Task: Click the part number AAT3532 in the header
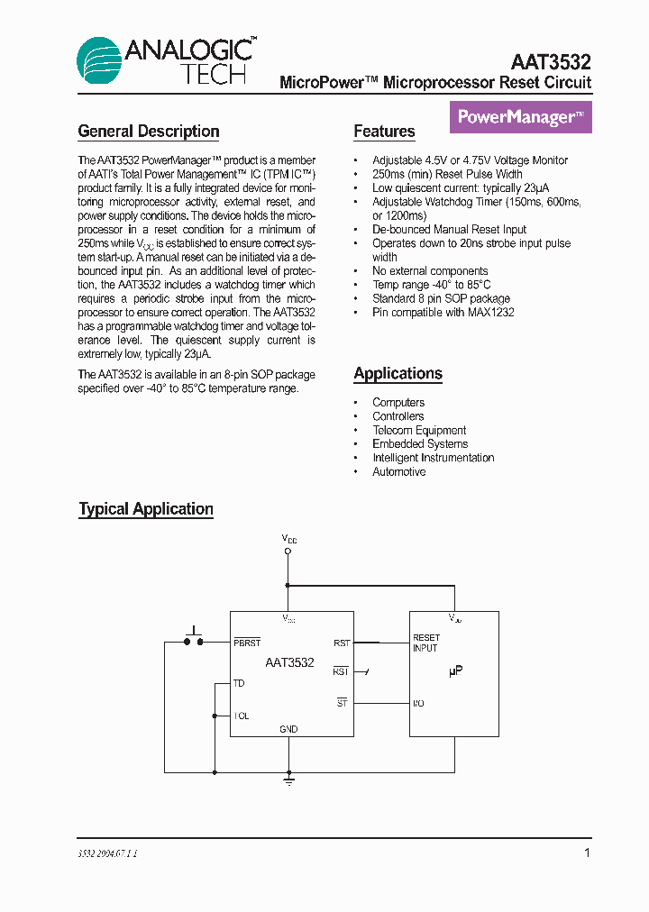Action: pos(551,62)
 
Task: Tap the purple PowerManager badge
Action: pos(520,117)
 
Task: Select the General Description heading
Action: pos(149,132)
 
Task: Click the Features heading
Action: pos(384,132)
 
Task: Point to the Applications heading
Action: pos(398,373)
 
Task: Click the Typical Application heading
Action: pos(146,509)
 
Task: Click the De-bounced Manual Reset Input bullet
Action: pos(449,229)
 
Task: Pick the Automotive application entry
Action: pos(398,471)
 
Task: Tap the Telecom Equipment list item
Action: pos(419,430)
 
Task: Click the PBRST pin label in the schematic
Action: pos(247,643)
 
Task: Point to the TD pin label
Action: pos(239,684)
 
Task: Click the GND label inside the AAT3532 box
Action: pos(288,729)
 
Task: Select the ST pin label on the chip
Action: pos(343,703)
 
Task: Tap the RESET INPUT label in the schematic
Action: pos(426,643)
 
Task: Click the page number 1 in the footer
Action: pos(588,853)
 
